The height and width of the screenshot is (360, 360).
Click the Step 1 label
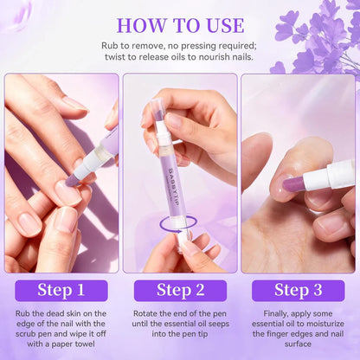click(x=61, y=290)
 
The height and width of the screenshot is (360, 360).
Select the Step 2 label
click(x=180, y=290)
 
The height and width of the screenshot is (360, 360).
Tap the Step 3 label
click(x=299, y=290)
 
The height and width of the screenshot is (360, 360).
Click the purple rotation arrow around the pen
click(x=180, y=224)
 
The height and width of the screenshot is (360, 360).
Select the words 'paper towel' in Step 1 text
click(x=76, y=344)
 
